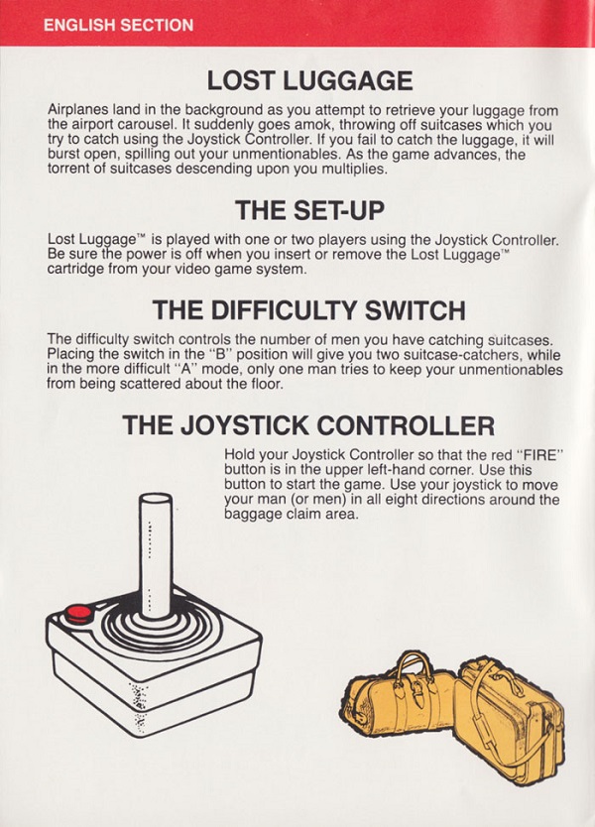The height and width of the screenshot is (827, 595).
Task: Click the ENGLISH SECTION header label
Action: [119, 25]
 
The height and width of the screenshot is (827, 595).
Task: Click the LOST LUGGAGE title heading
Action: [309, 80]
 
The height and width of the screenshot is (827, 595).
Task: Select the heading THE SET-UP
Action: [309, 210]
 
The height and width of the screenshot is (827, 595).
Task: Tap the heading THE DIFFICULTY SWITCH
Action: [309, 310]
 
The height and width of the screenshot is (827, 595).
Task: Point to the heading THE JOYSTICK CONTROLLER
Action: [308, 425]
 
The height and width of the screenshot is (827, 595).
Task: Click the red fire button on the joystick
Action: [78, 614]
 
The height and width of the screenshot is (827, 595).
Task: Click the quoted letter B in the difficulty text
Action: [217, 354]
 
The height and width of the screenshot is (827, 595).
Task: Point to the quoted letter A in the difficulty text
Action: [184, 369]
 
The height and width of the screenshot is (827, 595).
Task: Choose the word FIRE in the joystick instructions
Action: [538, 454]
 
